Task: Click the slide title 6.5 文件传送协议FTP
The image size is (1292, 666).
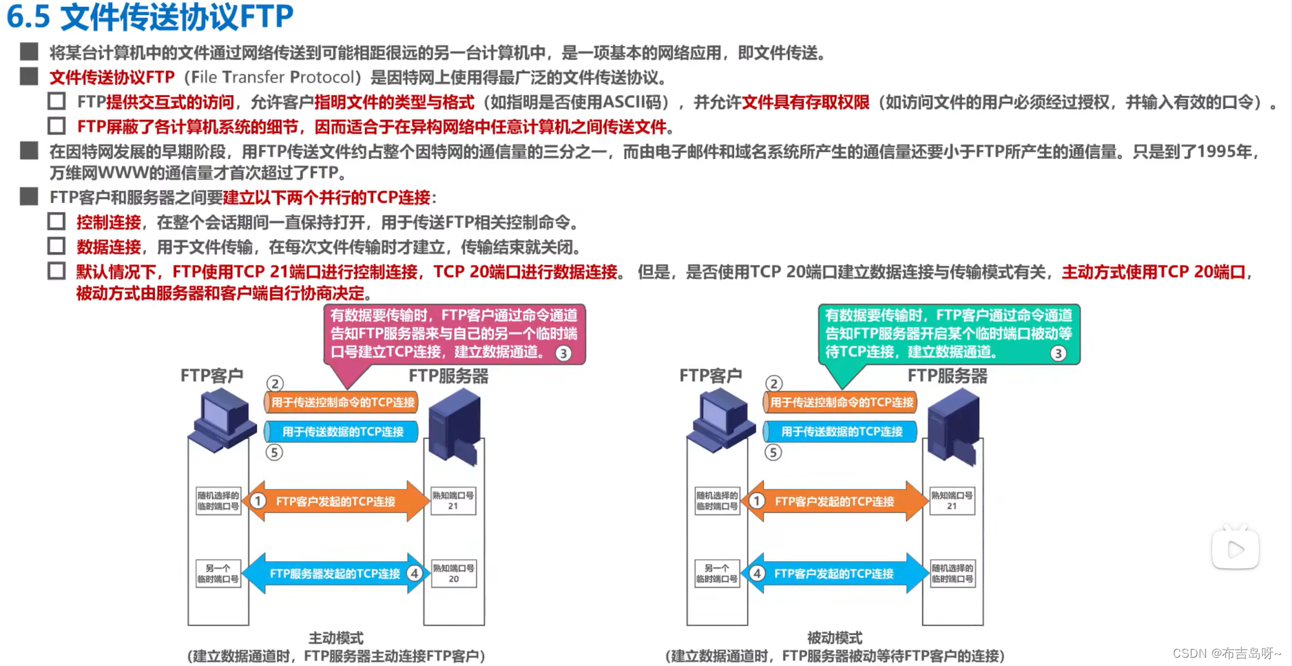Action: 150,17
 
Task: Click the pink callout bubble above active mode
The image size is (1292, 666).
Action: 454,334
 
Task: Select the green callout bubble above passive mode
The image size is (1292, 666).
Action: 948,334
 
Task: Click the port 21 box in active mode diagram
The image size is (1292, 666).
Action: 452,501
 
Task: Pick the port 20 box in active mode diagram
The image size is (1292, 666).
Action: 452,574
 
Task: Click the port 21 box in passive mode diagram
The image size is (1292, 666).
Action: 952,501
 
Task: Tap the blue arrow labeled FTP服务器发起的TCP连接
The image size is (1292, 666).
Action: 335,574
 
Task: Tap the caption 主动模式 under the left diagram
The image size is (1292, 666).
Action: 335,638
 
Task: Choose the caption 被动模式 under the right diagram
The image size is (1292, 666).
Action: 835,638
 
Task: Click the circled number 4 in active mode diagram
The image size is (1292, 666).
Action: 415,573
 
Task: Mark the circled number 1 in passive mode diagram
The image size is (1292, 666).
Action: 757,501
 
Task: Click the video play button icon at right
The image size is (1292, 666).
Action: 1236,550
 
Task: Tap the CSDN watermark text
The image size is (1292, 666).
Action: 1227,653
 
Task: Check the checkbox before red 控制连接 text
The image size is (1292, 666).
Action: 56,222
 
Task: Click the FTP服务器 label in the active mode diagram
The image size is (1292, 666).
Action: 448,376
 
